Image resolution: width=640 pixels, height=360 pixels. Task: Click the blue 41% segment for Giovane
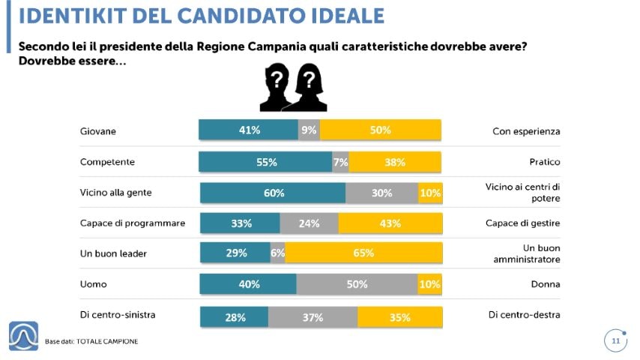pos(248,130)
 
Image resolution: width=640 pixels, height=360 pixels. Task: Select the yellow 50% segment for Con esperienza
pos(380,130)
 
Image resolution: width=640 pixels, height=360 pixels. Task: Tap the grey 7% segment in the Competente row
pos(340,162)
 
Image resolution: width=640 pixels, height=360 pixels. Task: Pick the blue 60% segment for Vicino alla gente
pos(273,193)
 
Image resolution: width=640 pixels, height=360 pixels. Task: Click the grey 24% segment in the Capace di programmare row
pos(309,223)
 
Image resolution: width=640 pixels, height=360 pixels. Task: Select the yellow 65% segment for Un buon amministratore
pos(363,253)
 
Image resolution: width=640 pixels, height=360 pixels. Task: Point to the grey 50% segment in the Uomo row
pos(357,284)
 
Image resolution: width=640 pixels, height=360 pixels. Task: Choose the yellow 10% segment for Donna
pos(429,284)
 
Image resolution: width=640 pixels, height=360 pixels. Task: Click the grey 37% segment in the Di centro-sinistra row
pos(313,316)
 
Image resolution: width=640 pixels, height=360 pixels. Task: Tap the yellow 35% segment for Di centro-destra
pos(399,316)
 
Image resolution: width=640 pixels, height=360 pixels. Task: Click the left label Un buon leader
pos(113,253)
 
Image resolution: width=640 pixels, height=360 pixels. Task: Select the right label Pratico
pos(544,161)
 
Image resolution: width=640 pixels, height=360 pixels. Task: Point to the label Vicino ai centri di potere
pos(523,193)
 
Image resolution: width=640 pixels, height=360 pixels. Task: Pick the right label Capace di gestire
pos(523,223)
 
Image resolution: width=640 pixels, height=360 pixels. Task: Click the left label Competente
pos(106,161)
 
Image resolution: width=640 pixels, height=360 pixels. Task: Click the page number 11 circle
pos(615,341)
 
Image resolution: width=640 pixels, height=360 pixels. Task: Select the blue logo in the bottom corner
pos(23,335)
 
